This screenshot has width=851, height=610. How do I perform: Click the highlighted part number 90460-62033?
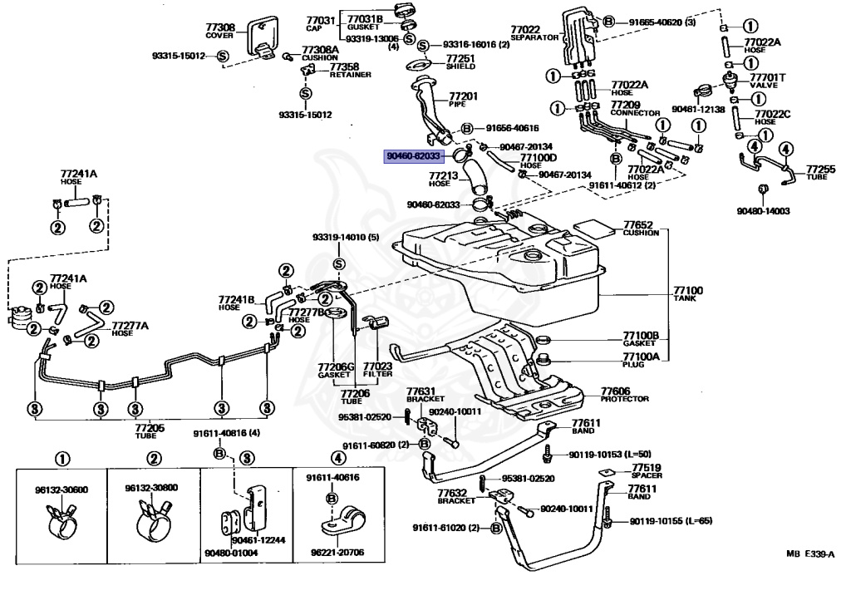[x=413, y=155]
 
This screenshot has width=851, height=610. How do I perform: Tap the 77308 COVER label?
[x=220, y=31]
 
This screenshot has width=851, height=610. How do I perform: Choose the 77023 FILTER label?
[x=377, y=369]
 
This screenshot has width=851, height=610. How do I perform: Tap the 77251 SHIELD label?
[x=460, y=61]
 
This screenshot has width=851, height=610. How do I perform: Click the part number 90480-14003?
[x=762, y=211]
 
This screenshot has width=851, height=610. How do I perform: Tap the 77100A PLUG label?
[x=641, y=359]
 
